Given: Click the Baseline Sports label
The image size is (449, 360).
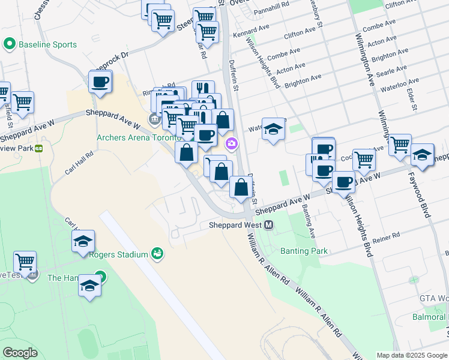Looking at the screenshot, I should point(48,44).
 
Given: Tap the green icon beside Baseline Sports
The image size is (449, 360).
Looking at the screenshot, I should point(10,44).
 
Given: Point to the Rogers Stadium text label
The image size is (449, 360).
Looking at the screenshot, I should point(118,254).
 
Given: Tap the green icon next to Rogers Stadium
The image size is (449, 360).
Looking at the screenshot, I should point(157,254).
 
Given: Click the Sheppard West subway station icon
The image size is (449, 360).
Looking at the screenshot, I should point(269,225).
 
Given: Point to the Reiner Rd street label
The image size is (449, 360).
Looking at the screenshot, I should point(386,237).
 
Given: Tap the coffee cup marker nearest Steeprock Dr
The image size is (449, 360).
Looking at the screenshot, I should point(100,81).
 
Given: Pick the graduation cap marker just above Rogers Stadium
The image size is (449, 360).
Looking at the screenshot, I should point(83,242).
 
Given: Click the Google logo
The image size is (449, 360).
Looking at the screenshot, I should point(20,353).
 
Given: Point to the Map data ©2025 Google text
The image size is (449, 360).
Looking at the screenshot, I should point(411,355).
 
